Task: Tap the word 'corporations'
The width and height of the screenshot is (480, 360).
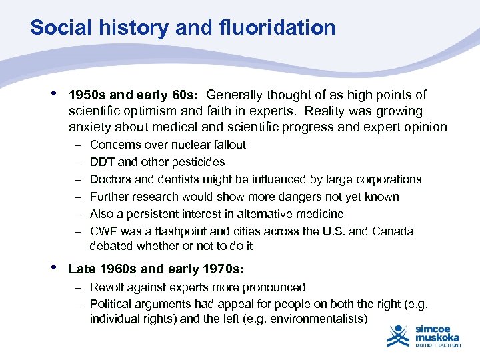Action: (x=389, y=179)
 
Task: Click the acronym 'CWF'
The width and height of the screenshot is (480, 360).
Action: (x=103, y=231)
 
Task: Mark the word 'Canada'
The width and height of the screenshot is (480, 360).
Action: (x=393, y=231)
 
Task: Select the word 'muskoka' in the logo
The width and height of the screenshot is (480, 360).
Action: (x=437, y=338)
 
